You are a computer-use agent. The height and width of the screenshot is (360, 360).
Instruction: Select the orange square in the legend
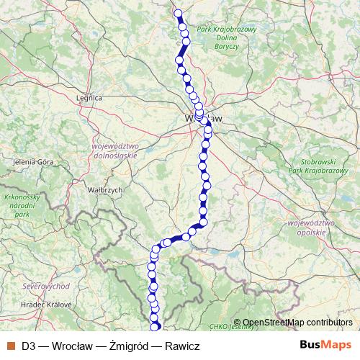coord(10,346)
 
